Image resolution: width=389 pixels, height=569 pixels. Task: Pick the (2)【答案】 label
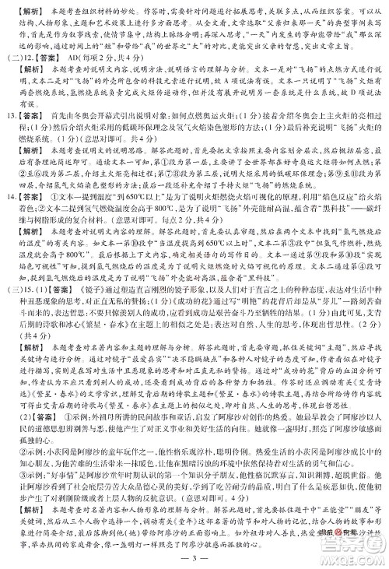point(34,427)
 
